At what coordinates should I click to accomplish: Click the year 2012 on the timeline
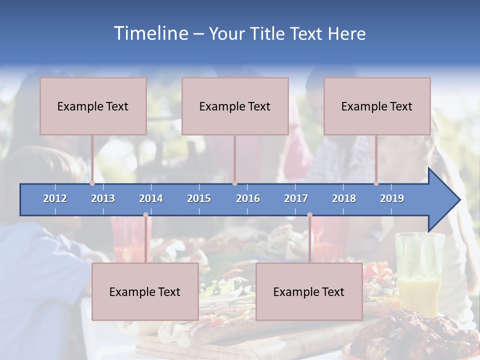pos(55,198)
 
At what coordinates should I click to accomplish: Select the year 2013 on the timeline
pos(103,198)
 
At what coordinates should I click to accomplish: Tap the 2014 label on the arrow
pos(151,198)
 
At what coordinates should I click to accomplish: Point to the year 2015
pos(199,198)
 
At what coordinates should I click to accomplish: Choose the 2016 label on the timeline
pos(248,198)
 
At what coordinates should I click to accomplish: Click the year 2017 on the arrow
pos(296,198)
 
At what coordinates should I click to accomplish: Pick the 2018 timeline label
pos(344,198)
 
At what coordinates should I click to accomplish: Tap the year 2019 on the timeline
pos(392,198)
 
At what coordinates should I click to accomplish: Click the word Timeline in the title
pos(150,33)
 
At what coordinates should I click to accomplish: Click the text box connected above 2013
pos(93,106)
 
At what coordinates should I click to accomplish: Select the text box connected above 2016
pos(235,106)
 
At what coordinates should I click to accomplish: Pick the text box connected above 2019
pos(377,106)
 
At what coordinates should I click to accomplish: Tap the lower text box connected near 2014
pos(145,291)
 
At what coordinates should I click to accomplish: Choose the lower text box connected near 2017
pos(309,291)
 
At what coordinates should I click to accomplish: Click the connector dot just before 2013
pos(92,183)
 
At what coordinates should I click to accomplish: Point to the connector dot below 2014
pos(145,215)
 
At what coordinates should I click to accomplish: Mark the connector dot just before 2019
pos(376,183)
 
